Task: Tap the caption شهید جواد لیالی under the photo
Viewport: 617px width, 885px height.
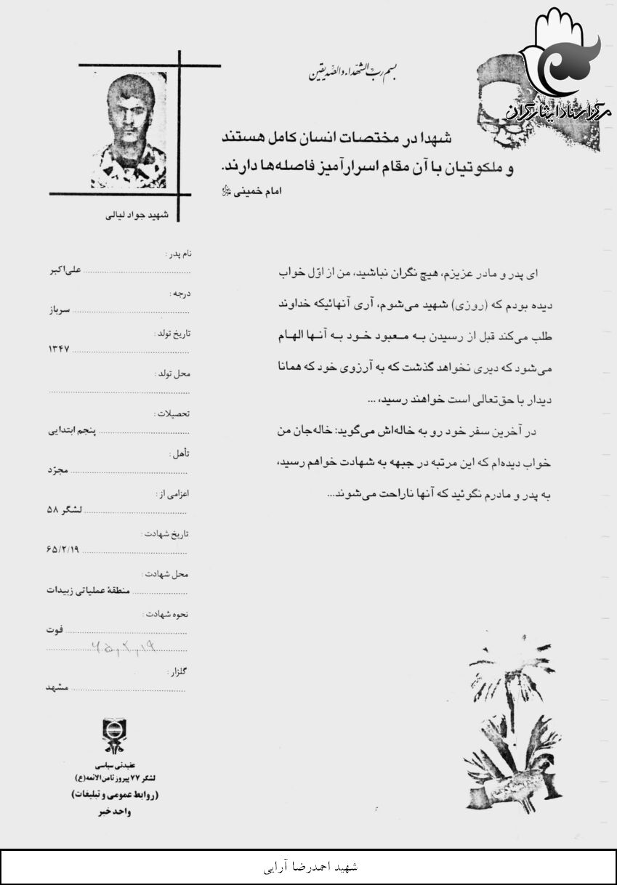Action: click(137, 215)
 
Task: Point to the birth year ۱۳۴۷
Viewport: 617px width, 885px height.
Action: click(58, 349)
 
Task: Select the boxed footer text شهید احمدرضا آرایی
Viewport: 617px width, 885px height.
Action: click(309, 867)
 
